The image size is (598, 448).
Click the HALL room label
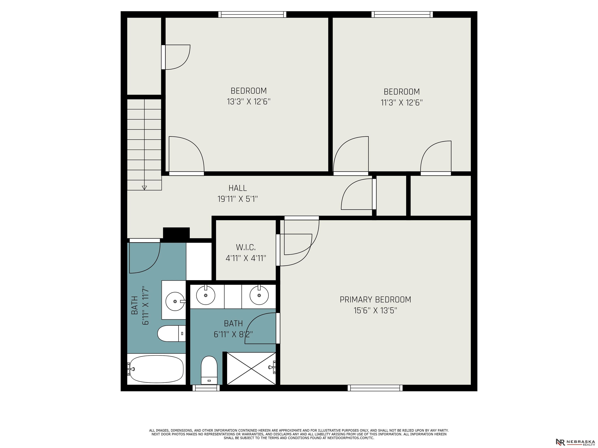click(238, 188)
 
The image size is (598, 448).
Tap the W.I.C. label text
click(246, 247)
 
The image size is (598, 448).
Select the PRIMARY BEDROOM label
click(375, 299)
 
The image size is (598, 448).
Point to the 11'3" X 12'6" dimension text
click(402, 103)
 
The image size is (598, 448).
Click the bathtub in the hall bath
click(156, 369)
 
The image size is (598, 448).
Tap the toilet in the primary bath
click(209, 370)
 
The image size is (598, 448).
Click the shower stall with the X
click(251, 368)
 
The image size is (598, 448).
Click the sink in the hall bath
click(175, 301)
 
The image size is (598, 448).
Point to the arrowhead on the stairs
click(144, 188)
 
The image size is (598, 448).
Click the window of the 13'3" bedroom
click(252, 14)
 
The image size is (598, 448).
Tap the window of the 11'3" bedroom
click(402, 14)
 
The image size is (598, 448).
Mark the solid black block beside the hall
click(176, 233)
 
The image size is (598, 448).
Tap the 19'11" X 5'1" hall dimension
click(238, 199)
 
